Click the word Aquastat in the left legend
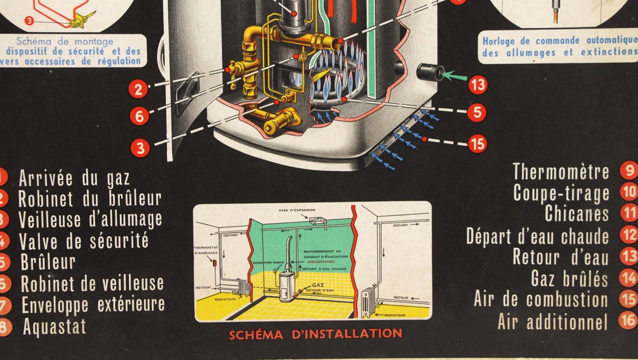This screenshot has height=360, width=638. pos(54,327)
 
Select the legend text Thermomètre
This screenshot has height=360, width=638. pos(561,172)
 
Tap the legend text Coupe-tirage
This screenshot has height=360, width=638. pos(561,193)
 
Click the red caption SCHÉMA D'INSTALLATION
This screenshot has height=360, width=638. pos(315,334)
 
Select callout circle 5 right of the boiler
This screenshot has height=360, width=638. pos(477,112)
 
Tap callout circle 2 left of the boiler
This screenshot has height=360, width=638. pos(138,89)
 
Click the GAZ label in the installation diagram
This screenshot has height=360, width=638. pos(318,285)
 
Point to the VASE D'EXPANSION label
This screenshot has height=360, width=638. pos(297,210)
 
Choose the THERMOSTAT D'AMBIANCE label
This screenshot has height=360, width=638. pos(206,250)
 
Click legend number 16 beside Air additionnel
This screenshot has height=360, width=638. pos(628,320)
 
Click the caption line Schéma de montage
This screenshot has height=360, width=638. pos(65,41)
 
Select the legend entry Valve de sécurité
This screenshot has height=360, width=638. pos(83,241)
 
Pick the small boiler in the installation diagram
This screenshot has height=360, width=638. pos(288,286)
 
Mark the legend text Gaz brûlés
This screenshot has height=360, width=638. pos(570,279)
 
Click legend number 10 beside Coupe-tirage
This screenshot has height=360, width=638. pos(629,192)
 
